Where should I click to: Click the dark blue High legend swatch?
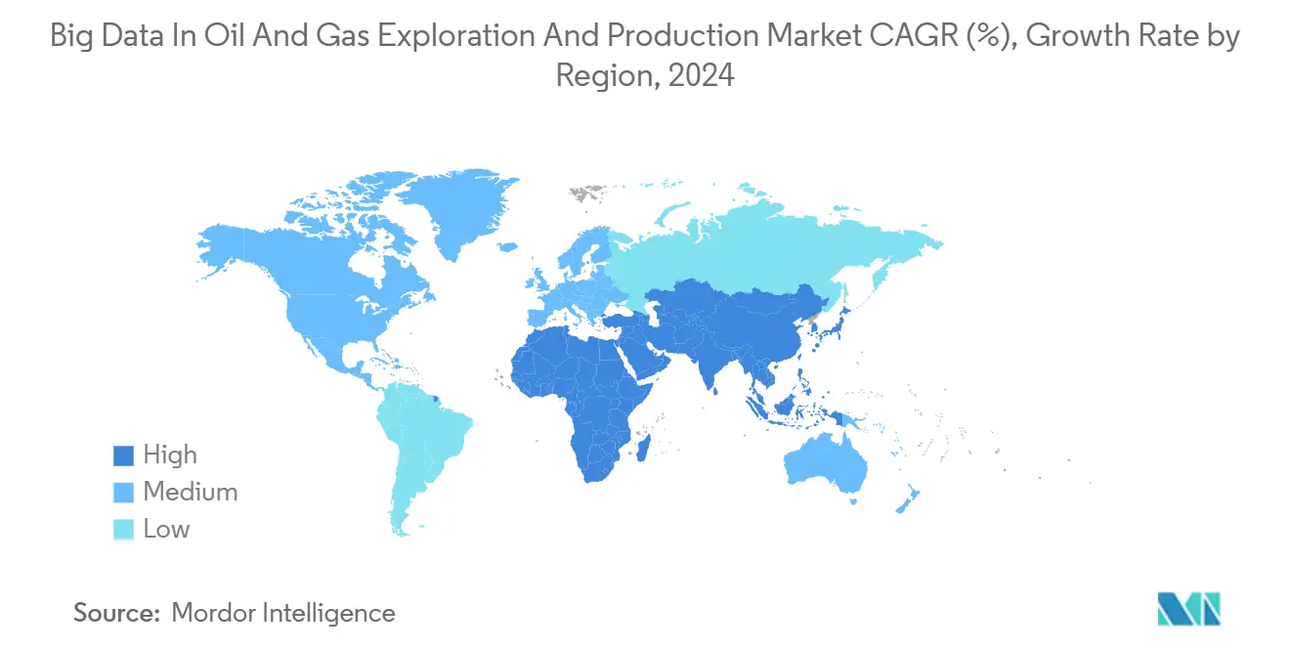[x=123, y=455]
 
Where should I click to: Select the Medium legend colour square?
[x=123, y=493]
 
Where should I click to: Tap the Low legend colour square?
[x=123, y=530]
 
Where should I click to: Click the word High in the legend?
[x=170, y=455]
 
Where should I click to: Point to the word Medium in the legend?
[x=190, y=493]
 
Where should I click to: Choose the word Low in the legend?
[x=166, y=530]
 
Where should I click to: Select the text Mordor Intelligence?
[x=283, y=613]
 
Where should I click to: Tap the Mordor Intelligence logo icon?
[x=1188, y=609]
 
